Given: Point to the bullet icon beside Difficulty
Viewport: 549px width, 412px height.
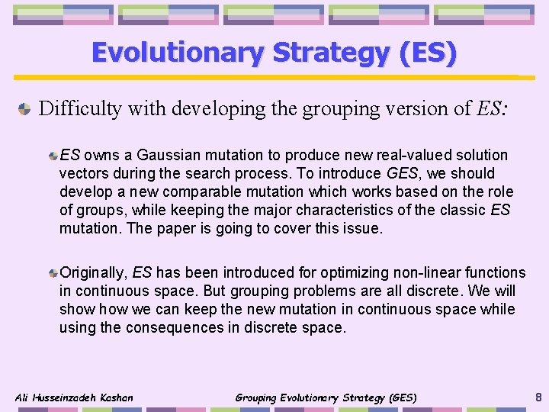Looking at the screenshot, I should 24,108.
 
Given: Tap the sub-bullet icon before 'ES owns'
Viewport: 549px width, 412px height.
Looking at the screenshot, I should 52,155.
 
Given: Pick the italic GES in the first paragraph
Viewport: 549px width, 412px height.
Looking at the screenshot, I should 402,173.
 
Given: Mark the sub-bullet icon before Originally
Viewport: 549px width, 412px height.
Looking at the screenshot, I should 52,272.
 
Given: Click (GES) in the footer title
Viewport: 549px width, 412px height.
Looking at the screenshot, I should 402,398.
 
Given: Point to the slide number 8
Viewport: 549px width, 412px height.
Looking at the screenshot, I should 538,396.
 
